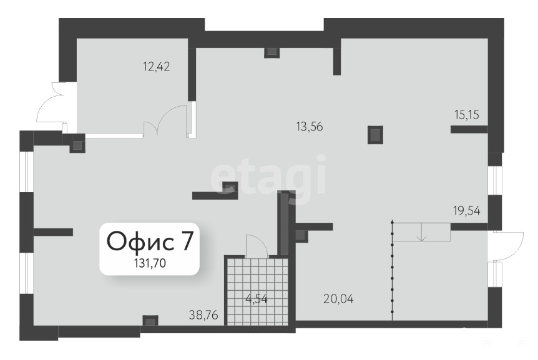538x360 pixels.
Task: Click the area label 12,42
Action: (157, 67)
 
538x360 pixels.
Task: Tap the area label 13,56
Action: (310, 127)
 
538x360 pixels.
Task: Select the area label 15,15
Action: (467, 115)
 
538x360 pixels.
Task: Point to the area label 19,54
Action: (467, 210)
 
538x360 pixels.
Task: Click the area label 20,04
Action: (338, 299)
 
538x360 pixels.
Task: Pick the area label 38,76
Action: (203, 314)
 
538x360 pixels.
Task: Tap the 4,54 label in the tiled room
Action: (257, 299)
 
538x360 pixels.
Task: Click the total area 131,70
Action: (150, 263)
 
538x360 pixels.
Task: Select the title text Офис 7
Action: (150, 241)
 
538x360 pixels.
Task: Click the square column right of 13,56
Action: (375, 135)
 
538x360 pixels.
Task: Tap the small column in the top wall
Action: (271, 52)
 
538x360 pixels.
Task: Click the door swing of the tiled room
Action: (257, 246)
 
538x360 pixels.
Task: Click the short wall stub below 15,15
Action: (469, 129)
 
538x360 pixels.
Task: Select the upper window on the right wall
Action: (495, 181)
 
